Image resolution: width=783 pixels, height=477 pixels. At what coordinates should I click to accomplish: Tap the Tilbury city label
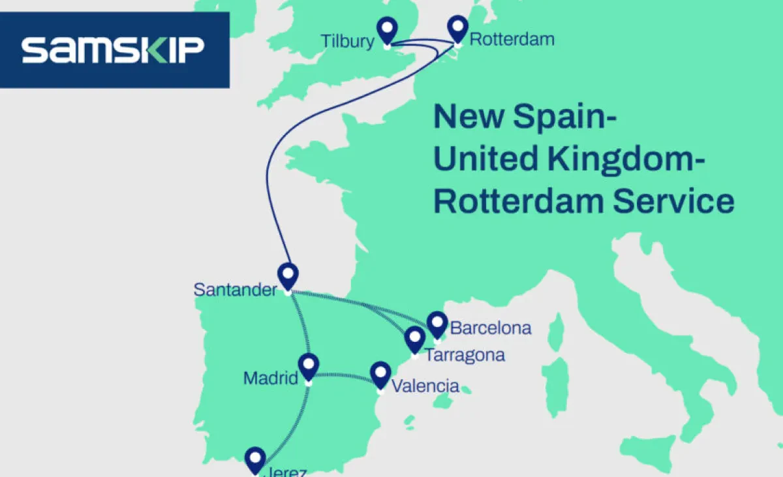coord(348,41)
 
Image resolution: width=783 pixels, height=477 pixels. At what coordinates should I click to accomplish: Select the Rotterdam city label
coord(512,39)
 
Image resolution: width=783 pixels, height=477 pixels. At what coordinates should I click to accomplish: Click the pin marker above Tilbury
coord(388,30)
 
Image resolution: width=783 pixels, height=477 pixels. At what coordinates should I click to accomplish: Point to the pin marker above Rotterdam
coord(459,29)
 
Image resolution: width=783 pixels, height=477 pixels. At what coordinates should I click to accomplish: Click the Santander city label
coord(235,289)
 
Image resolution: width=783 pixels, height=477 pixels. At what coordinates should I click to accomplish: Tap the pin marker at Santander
coord(287,275)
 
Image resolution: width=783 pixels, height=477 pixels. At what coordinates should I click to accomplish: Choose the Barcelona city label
coord(491,328)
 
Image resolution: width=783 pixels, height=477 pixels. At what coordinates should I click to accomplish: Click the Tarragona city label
coord(465,356)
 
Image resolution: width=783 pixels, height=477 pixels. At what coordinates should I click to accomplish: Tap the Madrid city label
coord(270,378)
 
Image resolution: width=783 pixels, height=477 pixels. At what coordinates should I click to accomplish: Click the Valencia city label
coord(425,386)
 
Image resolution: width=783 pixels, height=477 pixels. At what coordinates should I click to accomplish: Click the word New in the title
coord(469,117)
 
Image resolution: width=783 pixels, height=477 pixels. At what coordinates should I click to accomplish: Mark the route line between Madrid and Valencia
coord(344,375)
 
